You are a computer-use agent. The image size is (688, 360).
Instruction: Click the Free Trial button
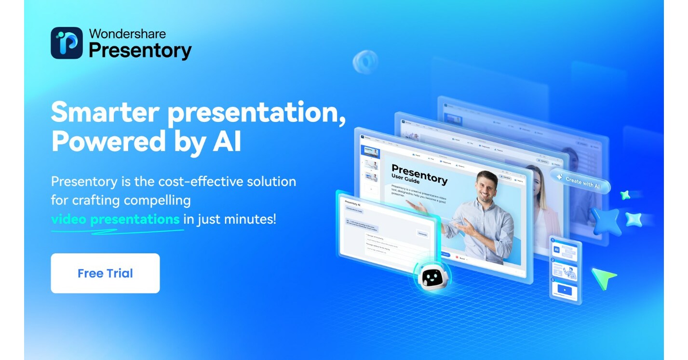[105, 273]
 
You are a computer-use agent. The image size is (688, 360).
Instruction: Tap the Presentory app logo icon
[67, 43]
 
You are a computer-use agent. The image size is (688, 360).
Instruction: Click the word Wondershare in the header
[127, 34]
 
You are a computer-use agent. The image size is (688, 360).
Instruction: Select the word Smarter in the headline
[105, 113]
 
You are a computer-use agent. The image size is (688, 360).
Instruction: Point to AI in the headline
[224, 142]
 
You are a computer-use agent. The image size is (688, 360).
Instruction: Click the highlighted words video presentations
[115, 219]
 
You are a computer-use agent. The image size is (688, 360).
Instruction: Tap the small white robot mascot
[432, 278]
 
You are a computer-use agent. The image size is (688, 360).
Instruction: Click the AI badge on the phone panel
[556, 250]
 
